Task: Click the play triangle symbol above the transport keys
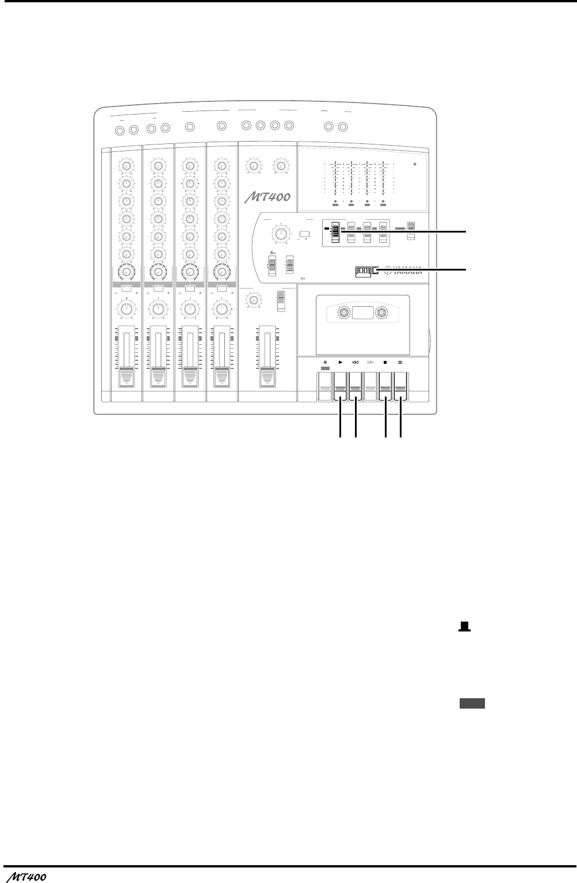[x=341, y=363]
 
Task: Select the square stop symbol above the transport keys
[x=384, y=363]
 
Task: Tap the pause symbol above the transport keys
[x=400, y=363]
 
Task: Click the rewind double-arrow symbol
[x=356, y=363]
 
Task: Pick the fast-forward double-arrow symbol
[x=370, y=363]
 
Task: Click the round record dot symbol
[x=325, y=363]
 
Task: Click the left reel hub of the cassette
[x=343, y=314]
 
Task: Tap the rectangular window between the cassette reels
[x=362, y=314]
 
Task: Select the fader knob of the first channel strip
[x=126, y=378]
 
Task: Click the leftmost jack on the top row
[x=120, y=130]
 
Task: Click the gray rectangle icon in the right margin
[x=472, y=702]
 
